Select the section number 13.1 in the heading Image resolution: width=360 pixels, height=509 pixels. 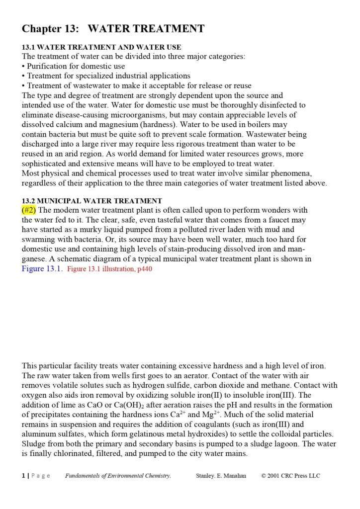click(29, 47)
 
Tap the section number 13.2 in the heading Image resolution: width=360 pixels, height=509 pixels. click(29, 201)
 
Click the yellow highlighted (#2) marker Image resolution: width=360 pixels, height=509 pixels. click(29, 210)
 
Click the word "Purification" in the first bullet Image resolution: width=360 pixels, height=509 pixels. click(48, 66)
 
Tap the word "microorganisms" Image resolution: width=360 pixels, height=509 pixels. click(149, 115)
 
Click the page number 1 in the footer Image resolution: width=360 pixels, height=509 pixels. click(23, 476)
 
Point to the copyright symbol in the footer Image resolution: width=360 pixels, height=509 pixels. click(264, 476)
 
